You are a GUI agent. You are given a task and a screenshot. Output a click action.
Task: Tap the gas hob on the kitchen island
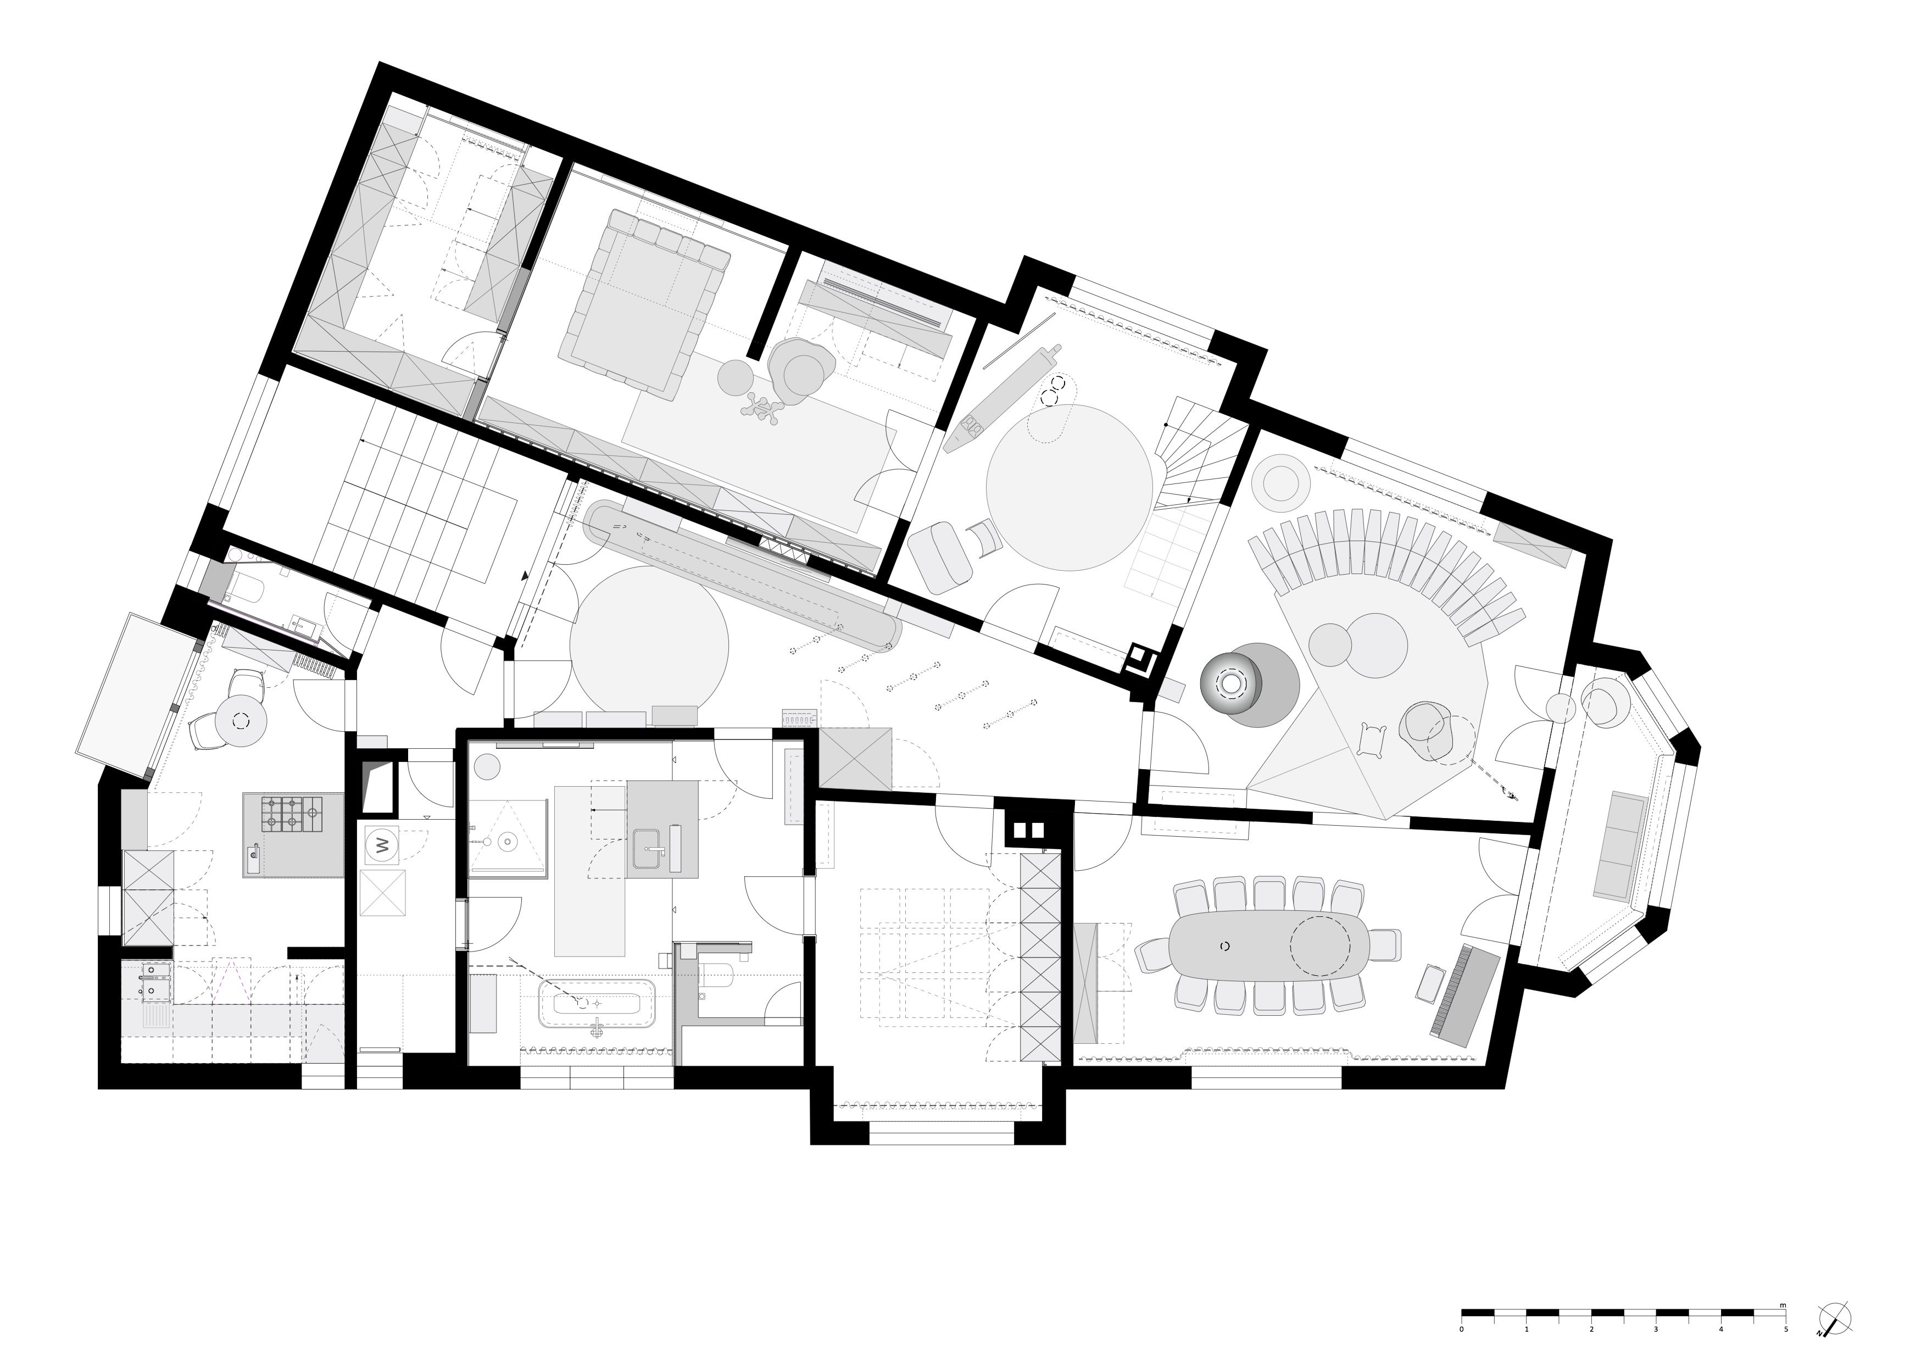(x=292, y=813)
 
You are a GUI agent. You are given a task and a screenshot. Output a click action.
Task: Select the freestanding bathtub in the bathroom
(x=597, y=1003)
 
